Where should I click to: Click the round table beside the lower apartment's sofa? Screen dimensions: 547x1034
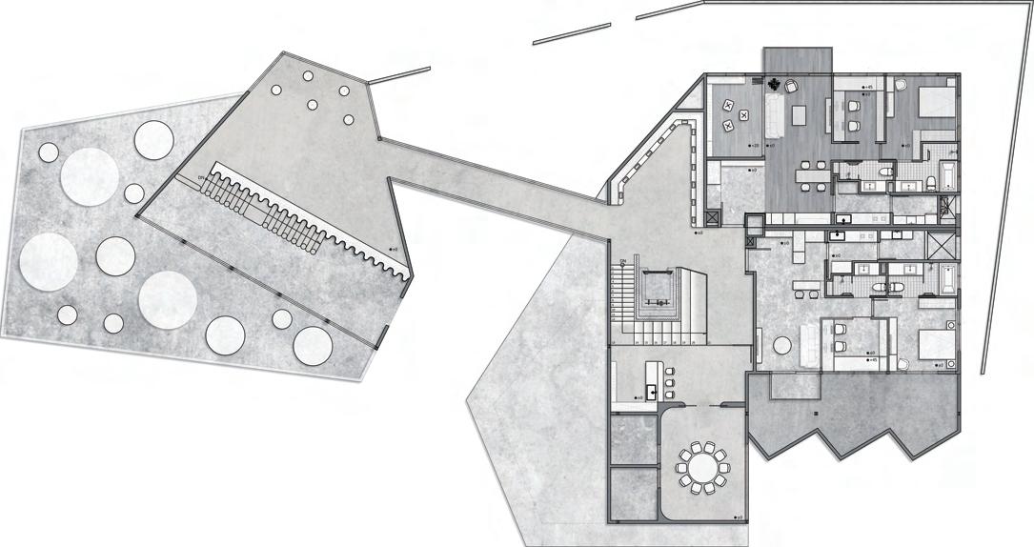click(783, 345)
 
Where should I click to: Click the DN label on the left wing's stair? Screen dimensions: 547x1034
click(202, 178)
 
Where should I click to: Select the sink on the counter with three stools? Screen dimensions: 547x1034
click(652, 389)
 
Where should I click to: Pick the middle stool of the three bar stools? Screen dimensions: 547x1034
click(672, 388)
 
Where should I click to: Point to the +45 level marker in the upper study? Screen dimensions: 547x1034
click(867, 88)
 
